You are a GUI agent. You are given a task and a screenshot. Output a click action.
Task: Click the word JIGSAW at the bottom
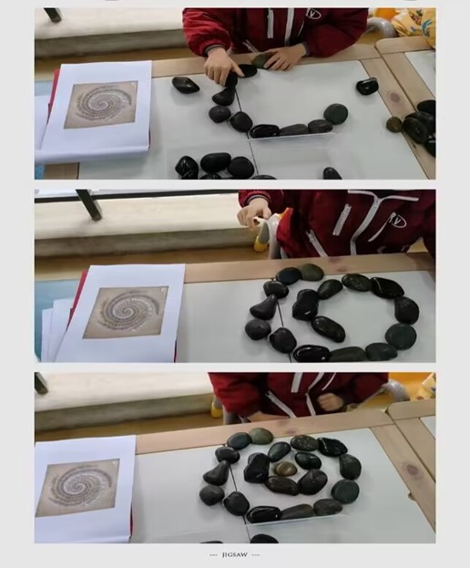[x=235, y=554]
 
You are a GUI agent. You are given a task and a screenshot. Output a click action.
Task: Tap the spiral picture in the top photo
[x=101, y=104]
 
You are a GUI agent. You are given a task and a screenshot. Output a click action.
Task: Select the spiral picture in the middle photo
[x=126, y=312]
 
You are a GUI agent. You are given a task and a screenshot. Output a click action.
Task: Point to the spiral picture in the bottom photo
[x=77, y=487]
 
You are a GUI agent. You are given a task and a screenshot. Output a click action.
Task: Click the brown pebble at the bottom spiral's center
[x=285, y=470]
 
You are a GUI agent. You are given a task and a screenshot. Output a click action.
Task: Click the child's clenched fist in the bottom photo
[x=329, y=401]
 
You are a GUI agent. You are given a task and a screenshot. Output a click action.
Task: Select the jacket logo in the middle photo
[x=397, y=219]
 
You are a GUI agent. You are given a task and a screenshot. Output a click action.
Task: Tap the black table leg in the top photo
[x=53, y=15]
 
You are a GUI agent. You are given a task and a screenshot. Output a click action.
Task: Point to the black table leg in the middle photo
[x=89, y=205]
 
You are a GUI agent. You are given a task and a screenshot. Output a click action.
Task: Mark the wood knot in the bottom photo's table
[x=413, y=470]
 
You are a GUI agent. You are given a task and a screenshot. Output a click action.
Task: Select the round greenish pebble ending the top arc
[x=336, y=114]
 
